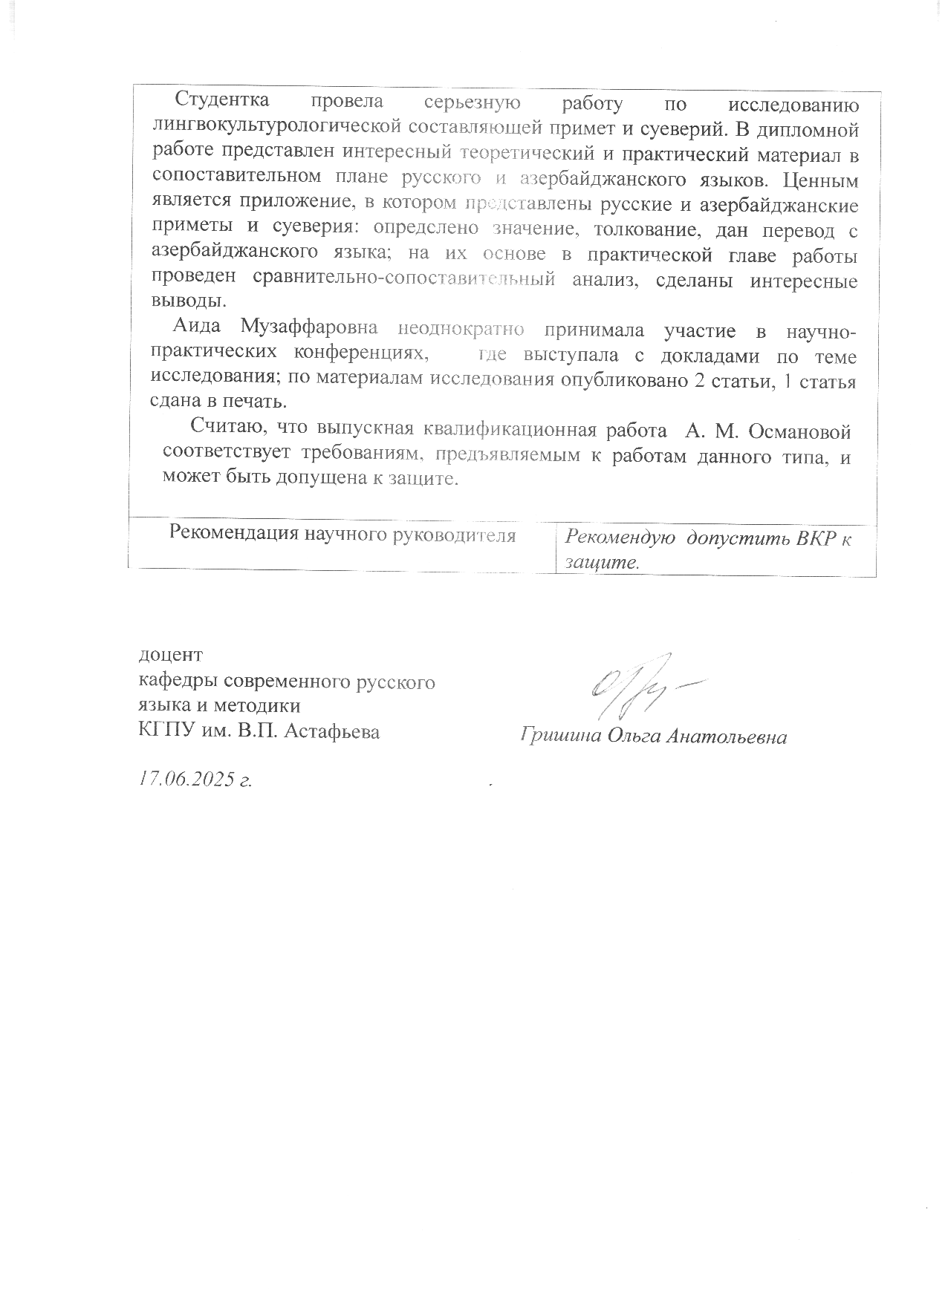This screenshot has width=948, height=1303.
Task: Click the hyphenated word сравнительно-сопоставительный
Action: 404,281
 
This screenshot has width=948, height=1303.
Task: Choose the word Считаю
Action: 230,428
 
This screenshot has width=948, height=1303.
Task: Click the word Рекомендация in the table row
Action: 234,535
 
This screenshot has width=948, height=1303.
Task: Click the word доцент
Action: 171,656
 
